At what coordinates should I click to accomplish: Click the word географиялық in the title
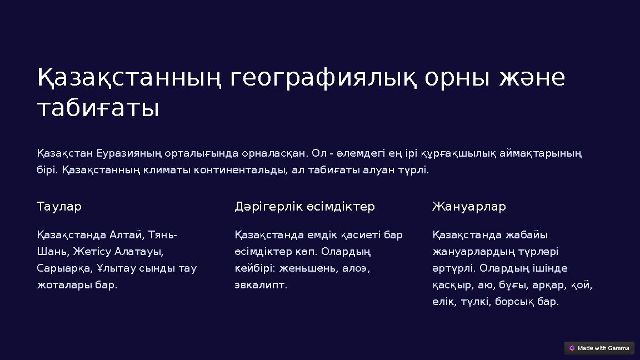click(323, 79)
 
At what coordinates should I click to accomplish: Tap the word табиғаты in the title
click(98, 109)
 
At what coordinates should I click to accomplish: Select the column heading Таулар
click(59, 207)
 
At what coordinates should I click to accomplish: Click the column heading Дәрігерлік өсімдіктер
click(304, 207)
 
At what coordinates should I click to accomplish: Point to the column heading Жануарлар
click(469, 207)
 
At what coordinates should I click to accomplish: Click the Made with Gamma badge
click(599, 348)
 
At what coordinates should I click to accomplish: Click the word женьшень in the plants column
click(307, 268)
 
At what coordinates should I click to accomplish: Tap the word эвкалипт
click(261, 285)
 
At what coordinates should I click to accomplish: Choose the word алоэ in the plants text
click(356, 268)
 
